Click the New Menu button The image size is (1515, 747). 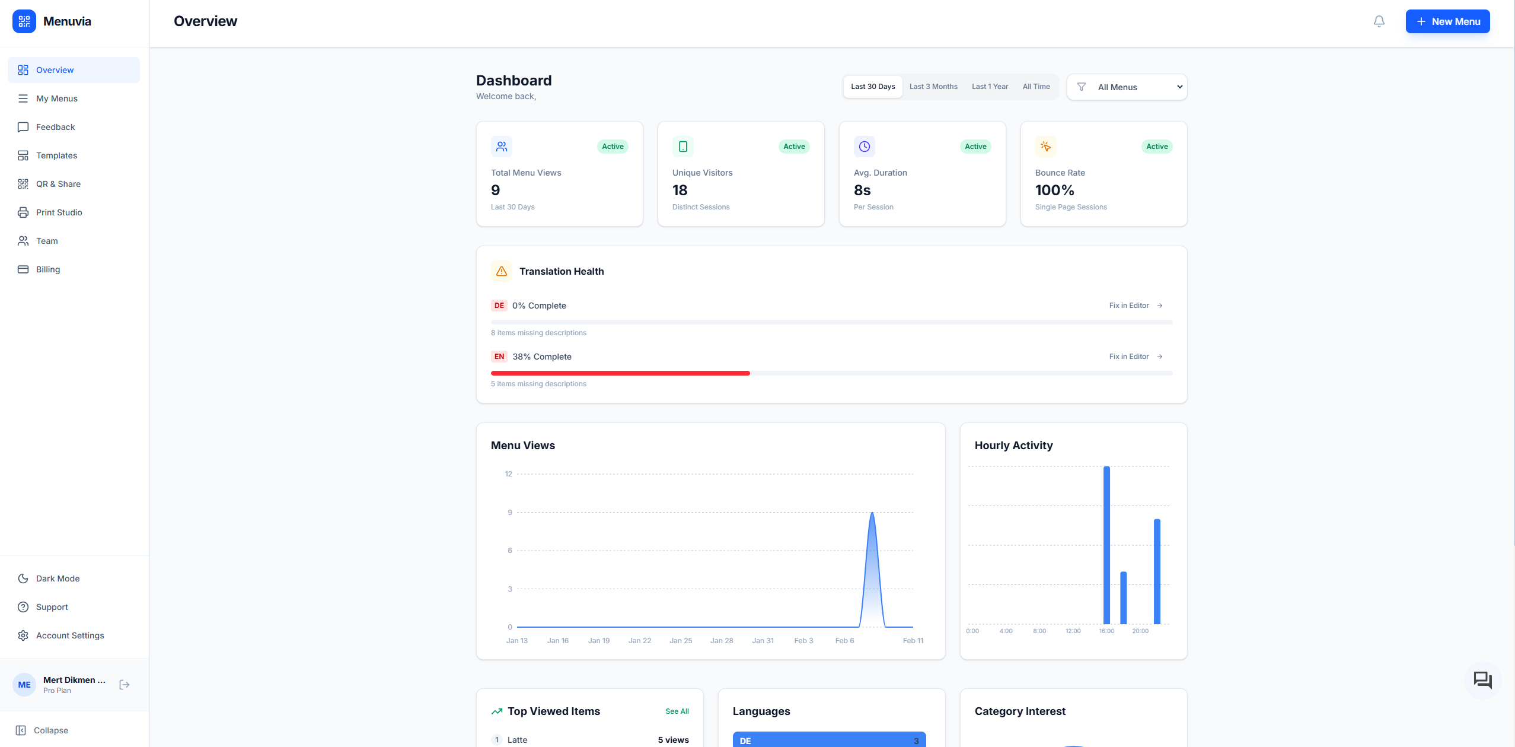(1447, 21)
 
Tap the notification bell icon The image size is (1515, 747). (1379, 21)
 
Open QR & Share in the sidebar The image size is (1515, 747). (58, 184)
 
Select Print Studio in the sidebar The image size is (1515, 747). (59, 212)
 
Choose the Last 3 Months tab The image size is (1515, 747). (933, 87)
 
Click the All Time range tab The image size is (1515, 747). (1036, 87)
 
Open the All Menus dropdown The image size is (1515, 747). (1127, 87)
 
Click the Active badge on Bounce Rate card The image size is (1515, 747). (1156, 147)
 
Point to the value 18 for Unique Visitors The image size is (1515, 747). (680, 190)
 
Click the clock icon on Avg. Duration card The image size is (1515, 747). (864, 147)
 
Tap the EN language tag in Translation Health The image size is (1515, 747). (499, 357)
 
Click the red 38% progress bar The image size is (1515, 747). (620, 373)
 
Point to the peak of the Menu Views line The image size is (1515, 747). (872, 513)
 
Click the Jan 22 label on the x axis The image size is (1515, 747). (639, 641)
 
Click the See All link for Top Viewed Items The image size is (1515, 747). (677, 711)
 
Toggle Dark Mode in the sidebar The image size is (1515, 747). (58, 578)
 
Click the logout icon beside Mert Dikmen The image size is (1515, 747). (125, 685)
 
